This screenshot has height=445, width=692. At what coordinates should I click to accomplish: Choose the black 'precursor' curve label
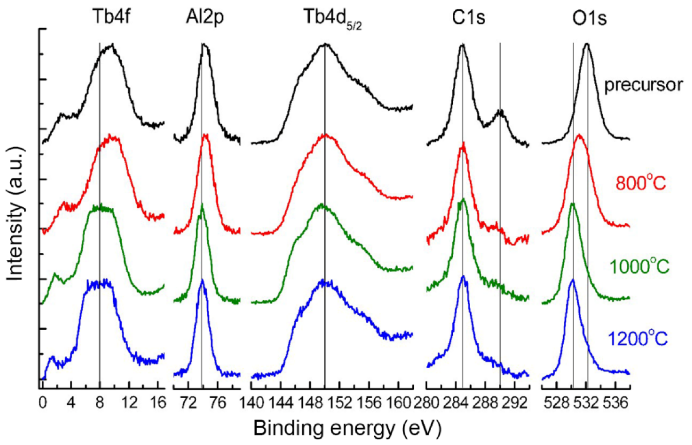coord(644,85)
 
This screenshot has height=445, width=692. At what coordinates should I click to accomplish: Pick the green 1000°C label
coord(640,267)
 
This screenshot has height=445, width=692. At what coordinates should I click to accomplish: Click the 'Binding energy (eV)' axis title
coord(348,428)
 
